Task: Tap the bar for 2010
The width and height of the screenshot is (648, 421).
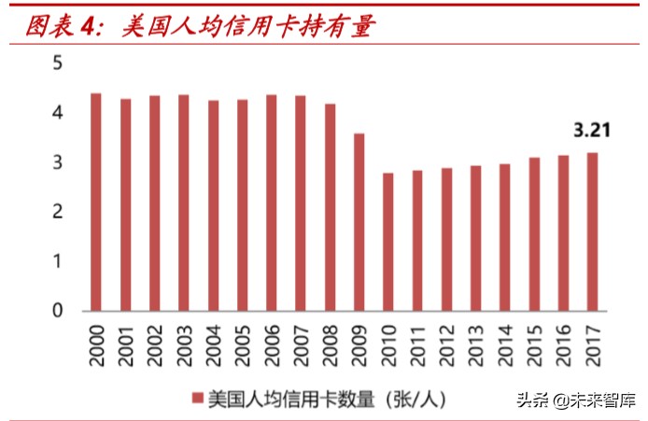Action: click(x=387, y=242)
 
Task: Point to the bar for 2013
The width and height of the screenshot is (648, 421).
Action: click(x=475, y=238)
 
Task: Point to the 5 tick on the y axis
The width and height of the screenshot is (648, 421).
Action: click(x=58, y=63)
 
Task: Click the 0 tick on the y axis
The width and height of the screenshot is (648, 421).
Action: click(x=58, y=311)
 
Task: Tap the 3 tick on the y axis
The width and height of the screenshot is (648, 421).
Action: click(x=58, y=162)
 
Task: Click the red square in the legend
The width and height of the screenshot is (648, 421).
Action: click(x=196, y=399)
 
